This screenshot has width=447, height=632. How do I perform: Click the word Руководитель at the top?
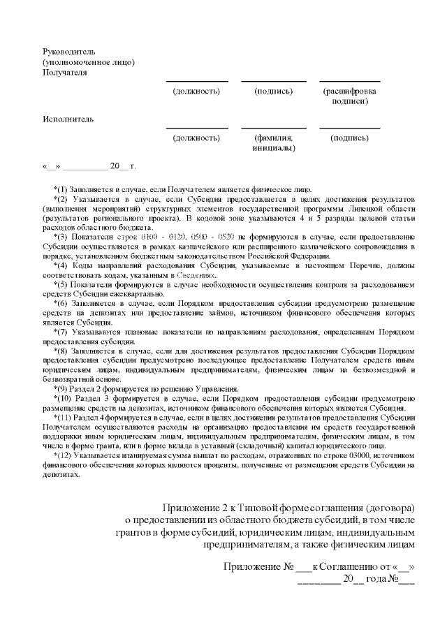click(x=68, y=52)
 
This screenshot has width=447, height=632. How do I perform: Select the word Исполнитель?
click(x=67, y=119)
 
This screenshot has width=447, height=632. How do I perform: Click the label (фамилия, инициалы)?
click(x=273, y=143)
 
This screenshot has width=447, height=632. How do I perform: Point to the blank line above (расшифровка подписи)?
click(x=350, y=82)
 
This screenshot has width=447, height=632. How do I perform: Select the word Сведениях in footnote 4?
click(x=198, y=274)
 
